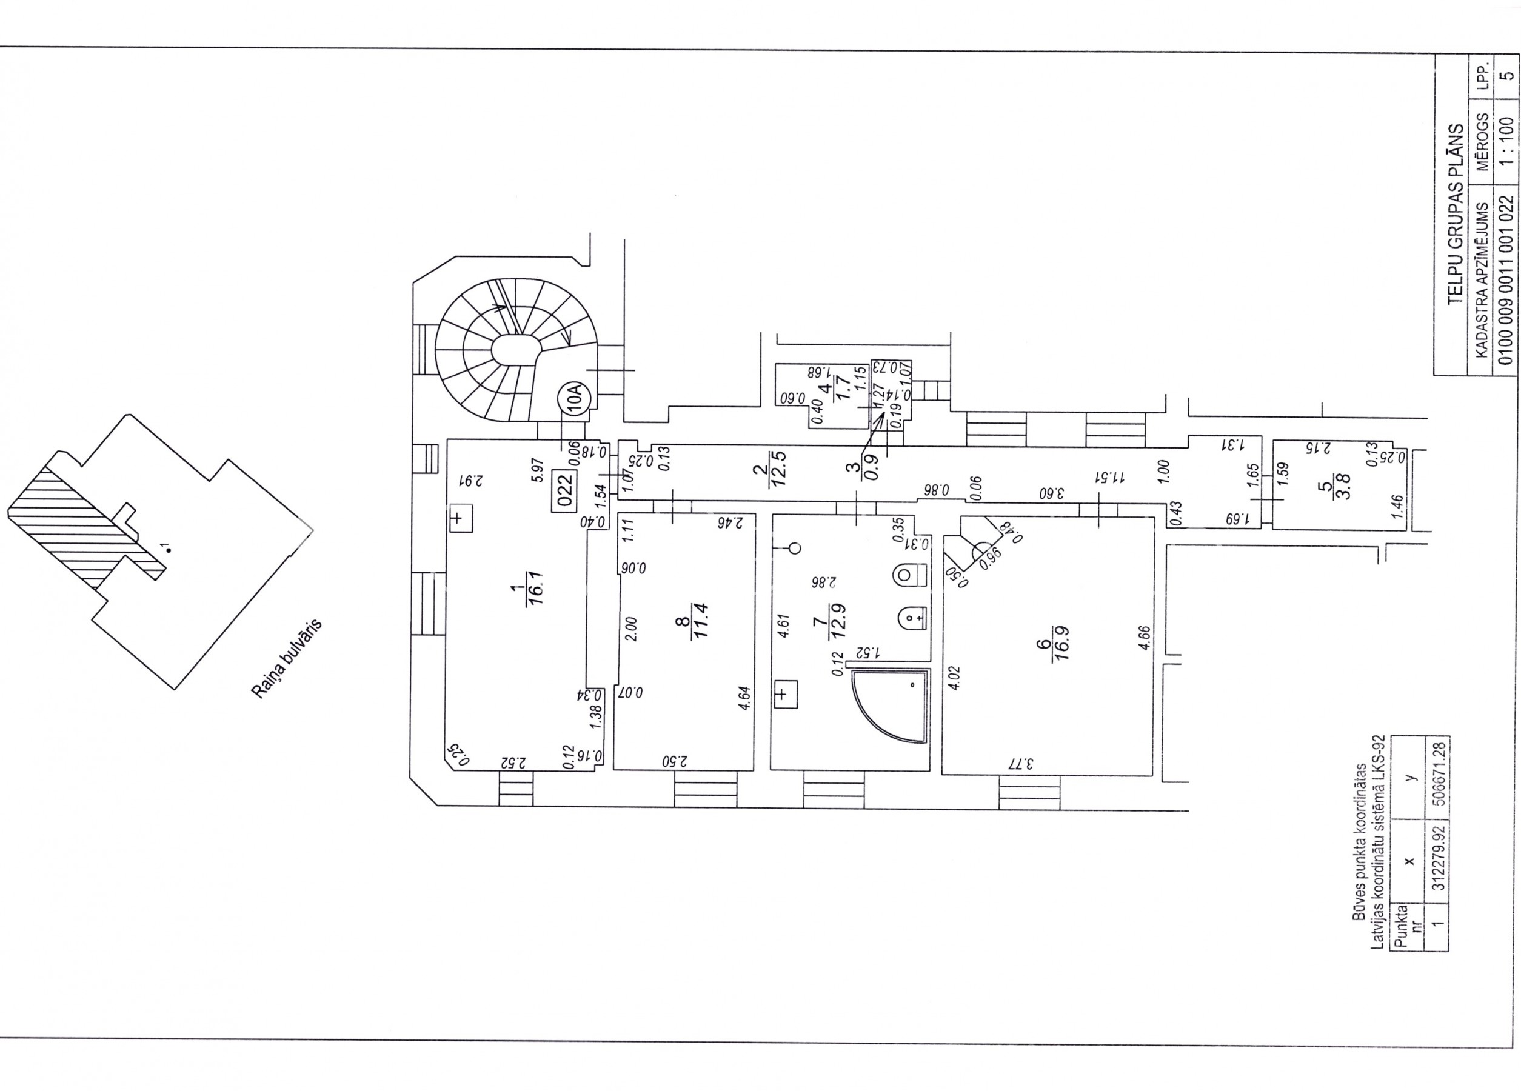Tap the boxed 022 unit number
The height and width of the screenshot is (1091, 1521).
pos(564,489)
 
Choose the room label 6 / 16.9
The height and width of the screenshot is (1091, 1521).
pos(1051,642)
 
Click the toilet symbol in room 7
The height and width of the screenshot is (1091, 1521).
pos(910,575)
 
